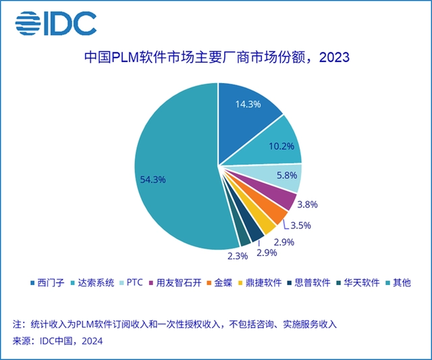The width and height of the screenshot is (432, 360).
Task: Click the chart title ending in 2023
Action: (x=217, y=58)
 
